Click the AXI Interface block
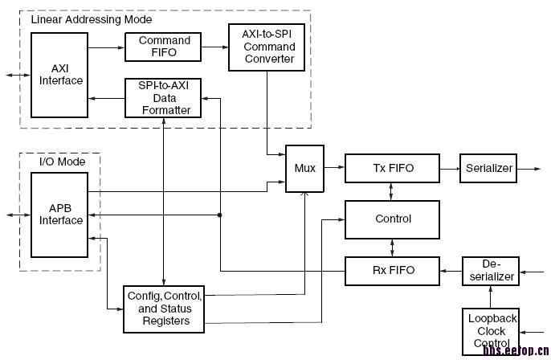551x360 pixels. coord(61,75)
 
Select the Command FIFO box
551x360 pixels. coord(164,47)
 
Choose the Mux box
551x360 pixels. coord(304,168)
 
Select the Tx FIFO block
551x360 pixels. coord(392,168)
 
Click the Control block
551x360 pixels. coord(392,218)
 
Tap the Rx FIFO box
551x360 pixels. coord(392,270)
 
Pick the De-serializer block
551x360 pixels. coord(490,270)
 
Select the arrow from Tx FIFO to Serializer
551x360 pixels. coord(449,168)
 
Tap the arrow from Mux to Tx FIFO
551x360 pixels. coord(333,168)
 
